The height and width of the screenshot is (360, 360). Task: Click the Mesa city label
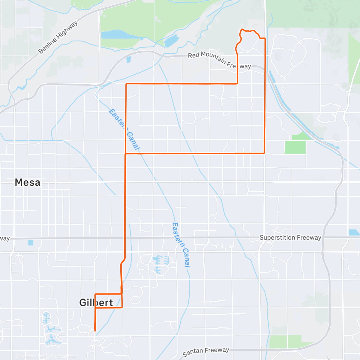(x=27, y=182)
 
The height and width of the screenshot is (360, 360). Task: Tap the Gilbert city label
(x=96, y=302)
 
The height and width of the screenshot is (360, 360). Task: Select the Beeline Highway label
(x=58, y=37)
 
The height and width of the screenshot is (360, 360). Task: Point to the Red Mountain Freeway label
(x=219, y=60)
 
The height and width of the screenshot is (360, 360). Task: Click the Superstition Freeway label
(x=290, y=238)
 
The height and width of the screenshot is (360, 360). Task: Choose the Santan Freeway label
(x=206, y=352)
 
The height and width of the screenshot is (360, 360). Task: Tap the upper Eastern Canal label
(x=124, y=129)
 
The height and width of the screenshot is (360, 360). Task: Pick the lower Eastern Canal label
(x=181, y=244)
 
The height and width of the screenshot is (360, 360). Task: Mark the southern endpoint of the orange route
(x=95, y=331)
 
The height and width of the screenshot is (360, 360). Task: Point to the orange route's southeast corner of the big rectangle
(x=264, y=153)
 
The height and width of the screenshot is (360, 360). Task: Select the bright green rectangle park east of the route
(x=295, y=147)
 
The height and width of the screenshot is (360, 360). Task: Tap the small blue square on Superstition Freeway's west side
(x=31, y=242)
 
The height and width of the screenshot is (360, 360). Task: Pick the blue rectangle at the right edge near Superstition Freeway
(x=354, y=232)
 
